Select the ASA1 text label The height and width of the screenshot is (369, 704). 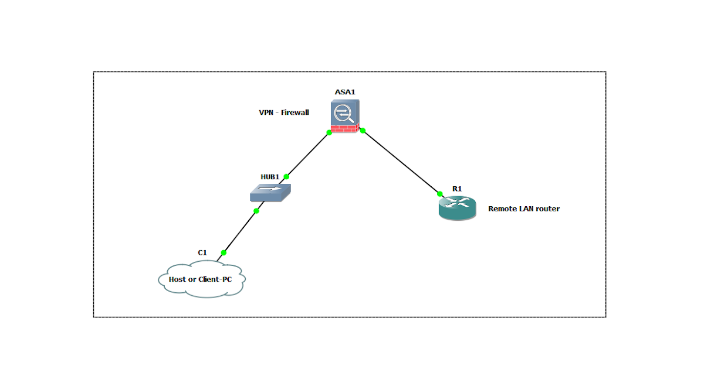click(x=345, y=93)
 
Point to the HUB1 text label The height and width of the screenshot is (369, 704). click(x=270, y=176)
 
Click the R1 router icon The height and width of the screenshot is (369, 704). click(x=457, y=208)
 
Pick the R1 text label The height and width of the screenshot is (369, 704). click(x=457, y=189)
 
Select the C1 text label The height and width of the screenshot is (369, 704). click(x=202, y=252)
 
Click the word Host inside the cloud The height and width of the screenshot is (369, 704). click(x=178, y=279)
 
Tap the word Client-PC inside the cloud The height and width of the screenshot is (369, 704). click(x=215, y=279)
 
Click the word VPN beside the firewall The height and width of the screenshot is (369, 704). click(x=266, y=112)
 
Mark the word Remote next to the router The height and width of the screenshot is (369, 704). click(x=502, y=209)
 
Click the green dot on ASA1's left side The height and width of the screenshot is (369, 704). click(x=329, y=133)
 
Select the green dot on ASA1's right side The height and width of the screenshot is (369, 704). click(x=363, y=131)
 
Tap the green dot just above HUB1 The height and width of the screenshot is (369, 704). click(x=286, y=176)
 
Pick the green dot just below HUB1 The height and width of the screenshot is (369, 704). click(x=256, y=211)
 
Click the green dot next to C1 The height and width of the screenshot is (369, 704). click(x=224, y=253)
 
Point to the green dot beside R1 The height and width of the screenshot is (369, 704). click(x=440, y=193)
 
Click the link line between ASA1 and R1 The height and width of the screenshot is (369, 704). click(x=401, y=162)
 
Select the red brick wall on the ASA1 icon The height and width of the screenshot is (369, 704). click(x=345, y=128)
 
